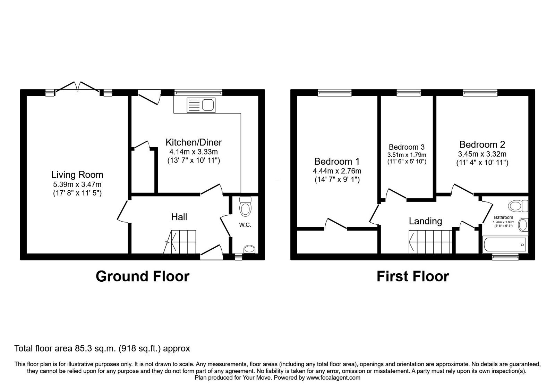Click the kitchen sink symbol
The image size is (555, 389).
click(201, 105)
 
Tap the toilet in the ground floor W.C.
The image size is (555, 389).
click(246, 207)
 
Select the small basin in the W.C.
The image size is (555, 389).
click(249, 249)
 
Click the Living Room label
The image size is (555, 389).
click(77, 175)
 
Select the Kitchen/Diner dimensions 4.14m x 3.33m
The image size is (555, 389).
click(193, 152)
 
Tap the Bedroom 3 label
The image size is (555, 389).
click(407, 147)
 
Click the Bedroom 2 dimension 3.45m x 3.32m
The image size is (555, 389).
click(482, 154)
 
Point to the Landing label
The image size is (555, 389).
click(425, 221)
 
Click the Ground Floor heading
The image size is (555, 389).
click(143, 276)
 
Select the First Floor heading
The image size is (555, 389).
click(412, 276)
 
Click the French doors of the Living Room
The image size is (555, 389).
click(78, 87)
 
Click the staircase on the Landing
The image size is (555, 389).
click(430, 242)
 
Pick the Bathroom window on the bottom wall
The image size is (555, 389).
click(505, 257)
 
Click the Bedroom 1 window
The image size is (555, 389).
click(334, 92)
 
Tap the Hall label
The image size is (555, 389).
click(179, 217)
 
